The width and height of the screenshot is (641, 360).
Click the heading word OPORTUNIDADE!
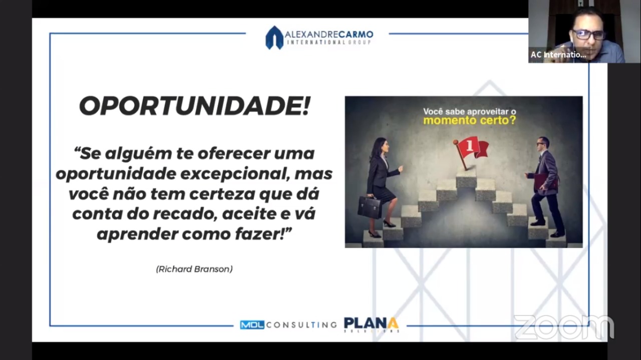tap(194, 106)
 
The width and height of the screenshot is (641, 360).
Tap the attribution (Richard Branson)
tap(194, 269)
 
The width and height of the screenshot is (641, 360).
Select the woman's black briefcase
tap(370, 207)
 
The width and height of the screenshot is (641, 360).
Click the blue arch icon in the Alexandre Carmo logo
tap(274, 38)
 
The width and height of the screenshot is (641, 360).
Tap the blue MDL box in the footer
tap(252, 325)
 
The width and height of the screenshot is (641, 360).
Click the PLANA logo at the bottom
tap(372, 325)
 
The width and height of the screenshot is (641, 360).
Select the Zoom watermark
tap(564, 327)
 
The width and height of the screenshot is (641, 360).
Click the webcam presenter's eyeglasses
tap(588, 35)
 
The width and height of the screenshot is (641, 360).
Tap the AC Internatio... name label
tap(558, 55)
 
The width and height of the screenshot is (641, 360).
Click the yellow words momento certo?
tap(470, 121)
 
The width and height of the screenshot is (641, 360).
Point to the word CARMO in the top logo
tap(356, 35)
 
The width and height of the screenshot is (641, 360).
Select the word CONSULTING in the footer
tap(301, 325)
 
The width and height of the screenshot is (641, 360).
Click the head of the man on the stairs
tap(542, 144)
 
